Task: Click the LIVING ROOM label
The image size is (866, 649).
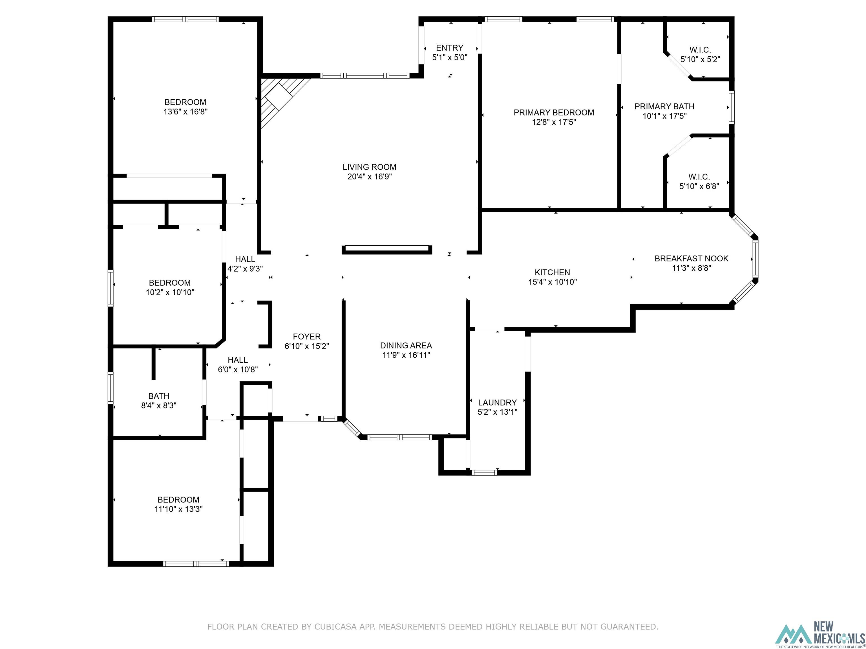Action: [369, 167]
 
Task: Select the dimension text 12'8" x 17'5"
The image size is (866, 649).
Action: [554, 122]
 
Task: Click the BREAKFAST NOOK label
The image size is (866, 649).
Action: [692, 259]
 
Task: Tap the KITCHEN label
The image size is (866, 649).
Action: [552, 272]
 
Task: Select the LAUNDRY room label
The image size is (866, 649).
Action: [497, 402]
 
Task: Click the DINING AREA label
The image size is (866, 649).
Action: [406, 345]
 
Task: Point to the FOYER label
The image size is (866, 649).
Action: [306, 336]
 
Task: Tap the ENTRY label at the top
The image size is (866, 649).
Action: [449, 48]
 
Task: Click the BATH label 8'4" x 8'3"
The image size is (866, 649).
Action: [158, 396]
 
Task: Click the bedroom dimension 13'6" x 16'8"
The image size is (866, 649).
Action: [185, 112]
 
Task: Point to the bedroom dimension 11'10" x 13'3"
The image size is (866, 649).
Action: [178, 509]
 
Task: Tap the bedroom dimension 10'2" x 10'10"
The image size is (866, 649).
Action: [170, 292]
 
